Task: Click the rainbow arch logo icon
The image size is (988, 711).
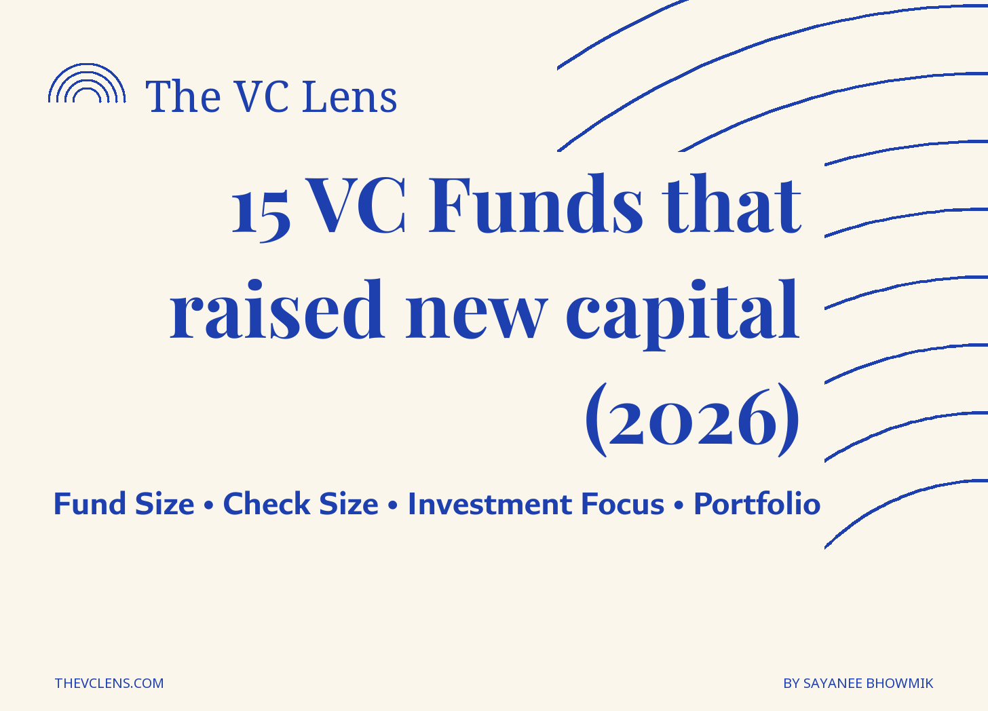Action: click(x=87, y=66)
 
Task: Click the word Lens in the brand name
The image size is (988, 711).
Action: click(x=350, y=96)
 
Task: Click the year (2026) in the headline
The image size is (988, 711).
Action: click(x=692, y=419)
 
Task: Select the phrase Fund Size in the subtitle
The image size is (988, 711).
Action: click(x=124, y=503)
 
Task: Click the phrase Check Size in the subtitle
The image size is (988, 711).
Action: click(x=301, y=503)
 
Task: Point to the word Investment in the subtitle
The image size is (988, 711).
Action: click(x=490, y=503)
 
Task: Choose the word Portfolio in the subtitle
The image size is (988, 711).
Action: click(x=757, y=503)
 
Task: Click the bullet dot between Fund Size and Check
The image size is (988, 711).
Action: click(x=209, y=505)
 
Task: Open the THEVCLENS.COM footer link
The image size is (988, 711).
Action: click(x=109, y=683)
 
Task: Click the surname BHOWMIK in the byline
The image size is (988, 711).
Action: click(x=900, y=683)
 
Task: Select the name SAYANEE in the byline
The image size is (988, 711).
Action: click(x=833, y=683)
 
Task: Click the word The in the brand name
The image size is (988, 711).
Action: click(x=183, y=96)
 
